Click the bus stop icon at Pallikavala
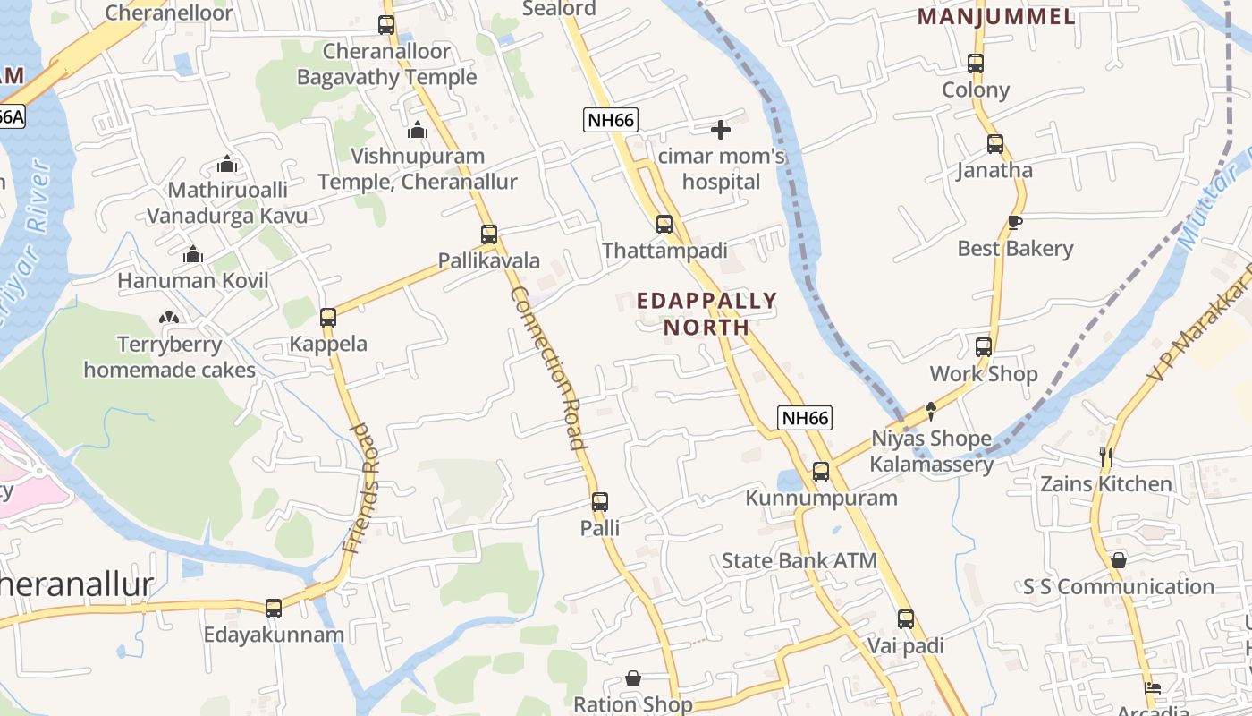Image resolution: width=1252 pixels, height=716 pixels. pyautogui.click(x=489, y=234)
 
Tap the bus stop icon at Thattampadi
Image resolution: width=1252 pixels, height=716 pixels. pyautogui.click(x=664, y=225)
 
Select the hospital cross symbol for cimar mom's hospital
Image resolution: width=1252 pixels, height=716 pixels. pyautogui.click(x=721, y=131)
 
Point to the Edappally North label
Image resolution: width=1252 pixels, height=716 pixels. pyautogui.click(x=706, y=313)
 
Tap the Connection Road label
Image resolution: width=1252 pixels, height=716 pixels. pyautogui.click(x=548, y=367)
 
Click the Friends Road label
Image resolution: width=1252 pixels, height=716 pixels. pyautogui.click(x=361, y=488)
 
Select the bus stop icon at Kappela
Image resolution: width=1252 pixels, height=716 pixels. pyautogui.click(x=328, y=318)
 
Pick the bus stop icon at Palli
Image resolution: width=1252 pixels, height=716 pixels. pyautogui.click(x=600, y=502)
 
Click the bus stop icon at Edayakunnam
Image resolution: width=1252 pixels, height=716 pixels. pyautogui.click(x=274, y=609)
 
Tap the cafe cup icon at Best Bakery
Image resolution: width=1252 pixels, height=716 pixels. pyautogui.click(x=1015, y=222)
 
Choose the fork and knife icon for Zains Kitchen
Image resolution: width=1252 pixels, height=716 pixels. pyautogui.click(x=1106, y=457)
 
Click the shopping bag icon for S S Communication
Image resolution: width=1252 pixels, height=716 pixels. pyautogui.click(x=1119, y=561)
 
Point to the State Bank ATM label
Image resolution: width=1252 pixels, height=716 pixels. pyautogui.click(x=799, y=561)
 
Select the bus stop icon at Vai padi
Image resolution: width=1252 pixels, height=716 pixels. pyautogui.click(x=906, y=619)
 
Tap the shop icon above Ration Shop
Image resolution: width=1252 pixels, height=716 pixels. pyautogui.click(x=633, y=678)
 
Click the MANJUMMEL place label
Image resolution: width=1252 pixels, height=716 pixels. pyautogui.click(x=996, y=16)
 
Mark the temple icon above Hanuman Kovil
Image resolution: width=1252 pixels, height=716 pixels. pyautogui.click(x=193, y=254)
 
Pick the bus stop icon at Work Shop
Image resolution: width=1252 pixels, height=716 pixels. pyautogui.click(x=984, y=347)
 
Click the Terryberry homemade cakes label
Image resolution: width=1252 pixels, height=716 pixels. pyautogui.click(x=170, y=357)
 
